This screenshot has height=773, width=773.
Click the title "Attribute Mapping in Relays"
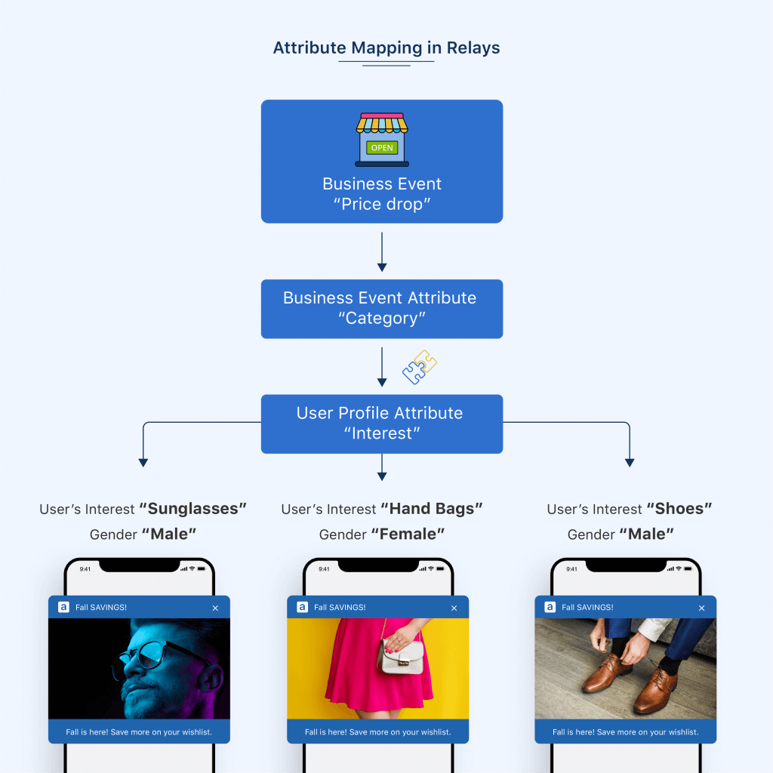coord(386,48)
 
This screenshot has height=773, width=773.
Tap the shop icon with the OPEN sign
coord(382,140)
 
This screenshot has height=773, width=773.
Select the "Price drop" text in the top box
coord(382,204)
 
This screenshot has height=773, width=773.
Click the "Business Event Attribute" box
coord(382,308)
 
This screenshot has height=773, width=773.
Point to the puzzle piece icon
coord(420,368)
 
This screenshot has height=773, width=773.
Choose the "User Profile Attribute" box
coord(382,423)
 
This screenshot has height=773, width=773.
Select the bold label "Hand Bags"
coord(431,509)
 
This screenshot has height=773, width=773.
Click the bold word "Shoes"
coord(679,509)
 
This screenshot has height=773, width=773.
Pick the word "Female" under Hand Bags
coord(408,534)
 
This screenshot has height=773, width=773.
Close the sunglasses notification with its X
coord(215,608)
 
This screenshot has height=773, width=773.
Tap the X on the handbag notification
coord(454,608)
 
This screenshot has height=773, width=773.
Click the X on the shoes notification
coord(701,608)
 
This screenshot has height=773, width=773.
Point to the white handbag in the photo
coord(400,656)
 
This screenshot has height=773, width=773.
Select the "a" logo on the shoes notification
coord(550,607)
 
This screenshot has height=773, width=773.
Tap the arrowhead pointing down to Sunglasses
coord(143,462)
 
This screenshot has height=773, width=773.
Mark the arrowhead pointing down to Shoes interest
coord(630,462)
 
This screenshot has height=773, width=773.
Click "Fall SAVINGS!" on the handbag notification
coord(340,608)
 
